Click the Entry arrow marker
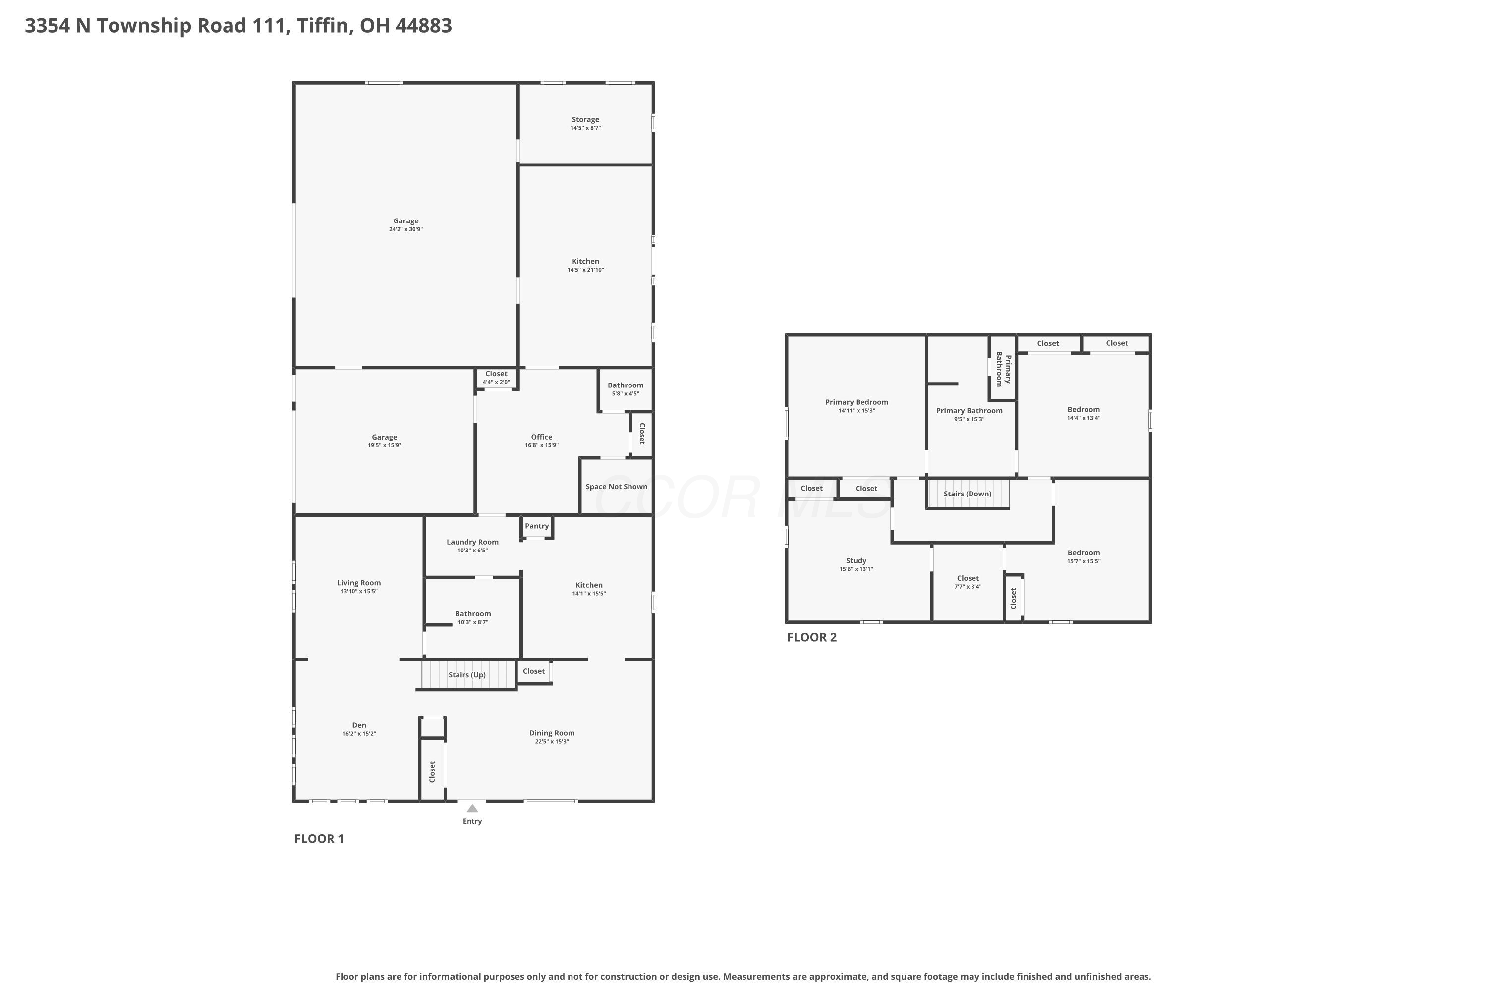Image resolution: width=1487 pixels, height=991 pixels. coord(472,808)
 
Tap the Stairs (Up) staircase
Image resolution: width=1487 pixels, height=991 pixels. coord(468,674)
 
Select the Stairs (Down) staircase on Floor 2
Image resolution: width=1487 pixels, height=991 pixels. coord(968,494)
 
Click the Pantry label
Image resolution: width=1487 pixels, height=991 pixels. coord(537,526)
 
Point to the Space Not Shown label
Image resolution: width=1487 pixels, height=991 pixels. coord(617,487)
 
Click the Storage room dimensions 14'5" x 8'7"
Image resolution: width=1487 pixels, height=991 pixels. coord(585,128)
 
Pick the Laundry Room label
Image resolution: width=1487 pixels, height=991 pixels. coord(472,542)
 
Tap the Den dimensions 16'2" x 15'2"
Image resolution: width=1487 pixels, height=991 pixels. coord(359,734)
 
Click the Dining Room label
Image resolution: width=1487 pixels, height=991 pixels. coord(552,733)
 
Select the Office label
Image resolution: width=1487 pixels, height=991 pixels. coord(542,437)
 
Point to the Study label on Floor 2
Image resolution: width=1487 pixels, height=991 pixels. coord(856,560)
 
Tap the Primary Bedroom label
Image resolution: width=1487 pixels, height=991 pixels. coord(857,402)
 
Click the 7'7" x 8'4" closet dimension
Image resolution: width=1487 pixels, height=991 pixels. coord(968,587)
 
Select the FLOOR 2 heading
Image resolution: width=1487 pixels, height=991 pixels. coord(812,637)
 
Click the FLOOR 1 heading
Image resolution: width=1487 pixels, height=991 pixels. coord(319,839)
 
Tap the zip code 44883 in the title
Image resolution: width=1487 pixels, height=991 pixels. coord(424,26)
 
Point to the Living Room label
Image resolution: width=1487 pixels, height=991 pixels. coord(359,583)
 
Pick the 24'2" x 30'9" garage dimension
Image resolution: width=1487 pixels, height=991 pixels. coord(406,229)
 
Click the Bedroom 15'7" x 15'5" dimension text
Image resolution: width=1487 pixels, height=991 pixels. coord(1084,561)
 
